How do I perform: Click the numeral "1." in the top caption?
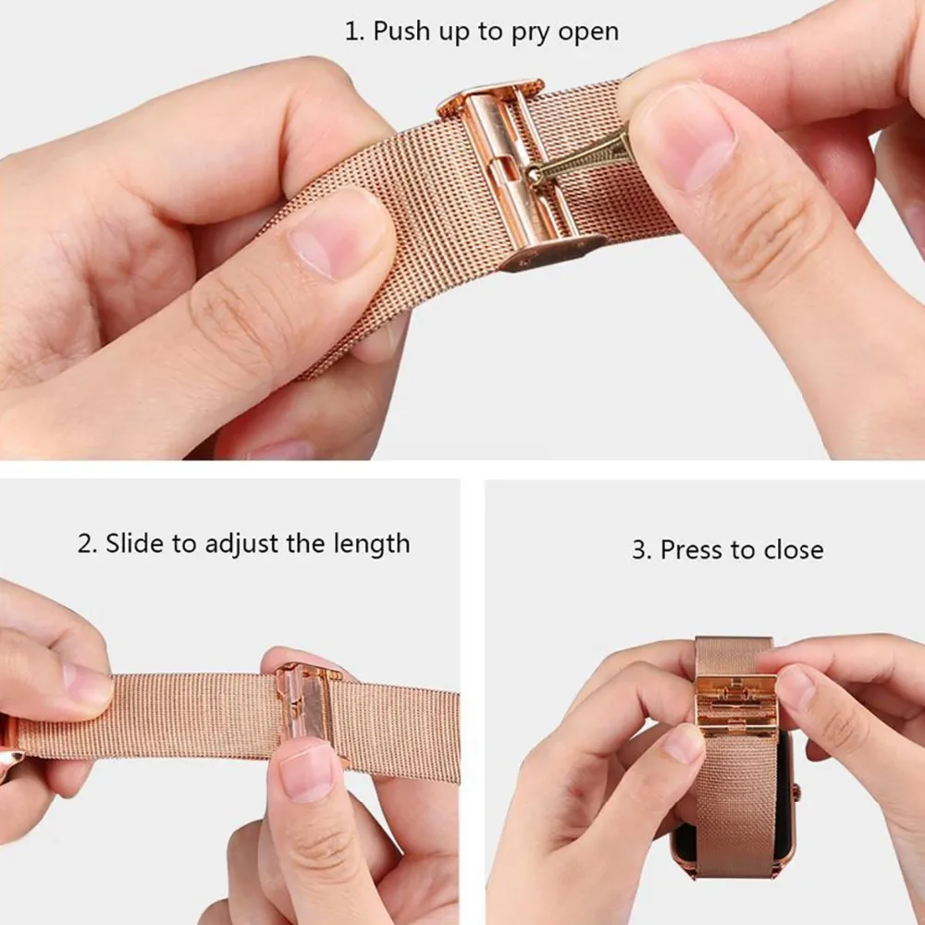tap(354, 31)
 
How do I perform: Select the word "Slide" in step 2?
tap(134, 543)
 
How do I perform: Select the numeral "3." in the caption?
tap(642, 549)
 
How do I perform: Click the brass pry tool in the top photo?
tap(578, 159)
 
